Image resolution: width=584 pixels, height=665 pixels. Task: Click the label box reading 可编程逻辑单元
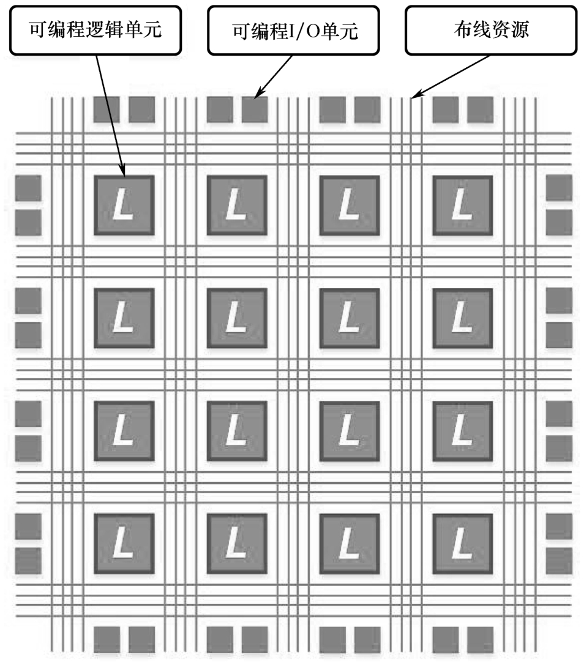coord(96,31)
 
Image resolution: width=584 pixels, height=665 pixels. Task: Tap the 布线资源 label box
coord(490,31)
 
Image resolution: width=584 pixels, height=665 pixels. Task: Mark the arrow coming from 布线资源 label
coord(453,76)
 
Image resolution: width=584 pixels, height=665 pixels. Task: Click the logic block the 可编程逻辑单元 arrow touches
coord(124,205)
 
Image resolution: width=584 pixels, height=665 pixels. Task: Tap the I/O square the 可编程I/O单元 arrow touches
coord(255,110)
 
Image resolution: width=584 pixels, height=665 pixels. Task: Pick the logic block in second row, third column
coord(350,318)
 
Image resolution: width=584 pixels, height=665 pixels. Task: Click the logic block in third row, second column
coord(237,431)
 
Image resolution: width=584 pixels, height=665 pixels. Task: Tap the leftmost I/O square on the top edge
coord(107,110)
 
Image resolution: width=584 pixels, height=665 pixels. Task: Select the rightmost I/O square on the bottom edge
coord(480,640)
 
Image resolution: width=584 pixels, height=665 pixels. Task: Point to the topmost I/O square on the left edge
coord(28,188)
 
